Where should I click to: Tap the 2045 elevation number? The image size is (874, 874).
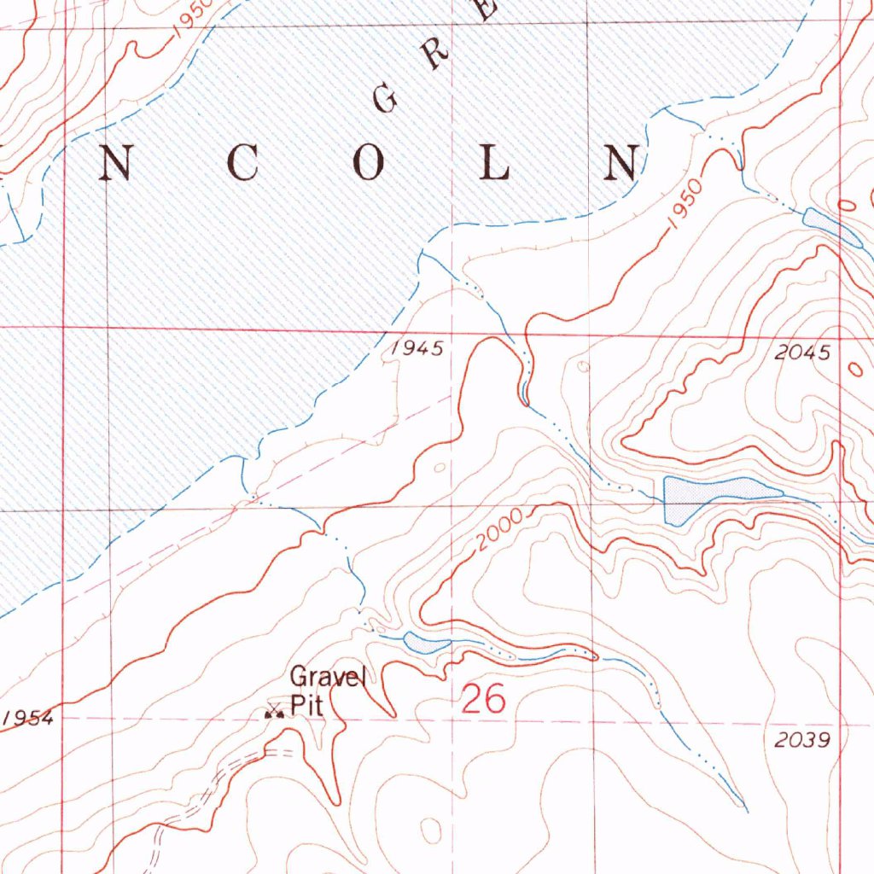[803, 353]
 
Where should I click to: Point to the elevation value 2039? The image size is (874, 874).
[803, 740]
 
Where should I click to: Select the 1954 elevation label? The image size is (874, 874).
[28, 718]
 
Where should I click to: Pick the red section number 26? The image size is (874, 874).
[484, 700]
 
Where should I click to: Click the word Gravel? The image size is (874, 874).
[328, 679]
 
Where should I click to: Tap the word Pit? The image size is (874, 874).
[305, 706]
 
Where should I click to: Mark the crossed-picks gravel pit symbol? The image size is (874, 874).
[274, 711]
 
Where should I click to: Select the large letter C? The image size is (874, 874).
[242, 163]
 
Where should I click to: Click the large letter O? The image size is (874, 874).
[369, 163]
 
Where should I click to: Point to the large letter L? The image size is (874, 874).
[495, 163]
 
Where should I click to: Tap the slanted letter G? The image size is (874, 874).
[386, 100]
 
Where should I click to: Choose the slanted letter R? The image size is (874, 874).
[435, 55]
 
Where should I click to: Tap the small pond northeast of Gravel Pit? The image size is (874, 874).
[425, 642]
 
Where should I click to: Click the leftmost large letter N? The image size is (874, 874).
[115, 163]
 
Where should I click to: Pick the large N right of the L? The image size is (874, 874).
[621, 163]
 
